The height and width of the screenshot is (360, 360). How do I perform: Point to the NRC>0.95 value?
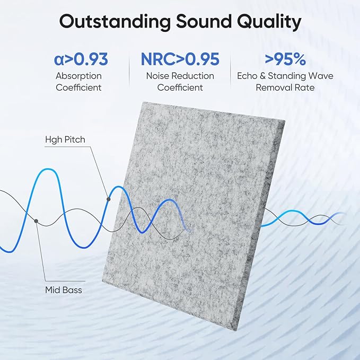click(x=180, y=59)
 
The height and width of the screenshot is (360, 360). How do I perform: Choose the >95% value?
click(x=286, y=59)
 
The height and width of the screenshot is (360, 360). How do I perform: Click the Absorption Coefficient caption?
click(x=78, y=82)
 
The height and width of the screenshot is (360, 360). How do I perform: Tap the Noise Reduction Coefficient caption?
click(x=180, y=82)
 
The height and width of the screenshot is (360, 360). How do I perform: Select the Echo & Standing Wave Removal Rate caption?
click(x=285, y=82)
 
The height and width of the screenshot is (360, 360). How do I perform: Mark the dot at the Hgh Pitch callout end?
click(x=108, y=199)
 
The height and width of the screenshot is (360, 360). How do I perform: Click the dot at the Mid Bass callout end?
click(x=36, y=221)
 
